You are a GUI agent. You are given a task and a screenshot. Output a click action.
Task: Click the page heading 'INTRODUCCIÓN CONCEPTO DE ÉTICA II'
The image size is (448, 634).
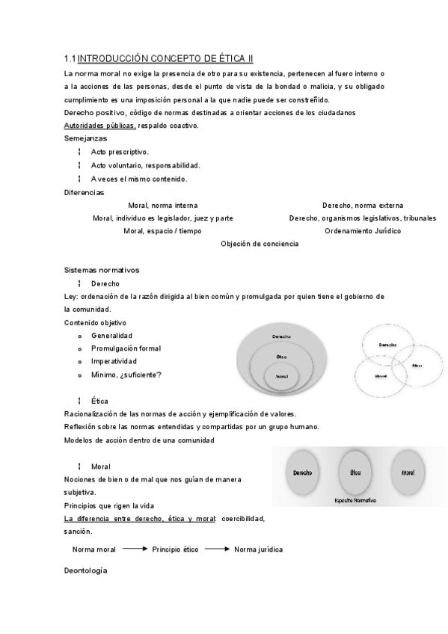[x=165, y=58]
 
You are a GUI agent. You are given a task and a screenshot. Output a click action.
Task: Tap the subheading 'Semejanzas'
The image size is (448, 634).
[x=85, y=138]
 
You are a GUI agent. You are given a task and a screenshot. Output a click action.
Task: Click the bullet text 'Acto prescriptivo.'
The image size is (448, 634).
[x=120, y=152]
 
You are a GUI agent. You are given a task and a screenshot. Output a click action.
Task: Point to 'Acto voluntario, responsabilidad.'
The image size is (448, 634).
[x=145, y=165]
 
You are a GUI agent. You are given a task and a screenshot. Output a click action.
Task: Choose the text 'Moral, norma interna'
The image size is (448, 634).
[x=162, y=206]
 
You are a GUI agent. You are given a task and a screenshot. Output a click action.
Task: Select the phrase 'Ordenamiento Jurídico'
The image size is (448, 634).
[x=362, y=231]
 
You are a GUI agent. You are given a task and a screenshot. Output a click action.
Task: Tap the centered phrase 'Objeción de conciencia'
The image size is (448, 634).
[x=260, y=244]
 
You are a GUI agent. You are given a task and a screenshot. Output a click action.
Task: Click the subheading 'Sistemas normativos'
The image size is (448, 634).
[x=101, y=270]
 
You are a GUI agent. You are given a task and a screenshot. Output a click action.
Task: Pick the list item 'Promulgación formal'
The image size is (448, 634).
[x=126, y=348]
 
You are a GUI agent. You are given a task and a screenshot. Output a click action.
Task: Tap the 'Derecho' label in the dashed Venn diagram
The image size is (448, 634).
[x=387, y=345]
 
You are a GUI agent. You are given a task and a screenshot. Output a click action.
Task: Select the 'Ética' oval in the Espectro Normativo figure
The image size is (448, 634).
[x=356, y=473]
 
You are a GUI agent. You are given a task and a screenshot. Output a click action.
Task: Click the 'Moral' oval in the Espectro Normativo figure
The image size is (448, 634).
[x=408, y=473]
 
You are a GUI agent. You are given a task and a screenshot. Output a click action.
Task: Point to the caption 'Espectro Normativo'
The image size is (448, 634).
[x=355, y=499]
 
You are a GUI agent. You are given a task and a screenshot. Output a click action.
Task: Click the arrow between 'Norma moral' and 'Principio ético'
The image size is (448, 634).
[x=134, y=549]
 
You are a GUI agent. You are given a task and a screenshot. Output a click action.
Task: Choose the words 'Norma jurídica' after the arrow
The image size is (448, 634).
[x=258, y=550]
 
